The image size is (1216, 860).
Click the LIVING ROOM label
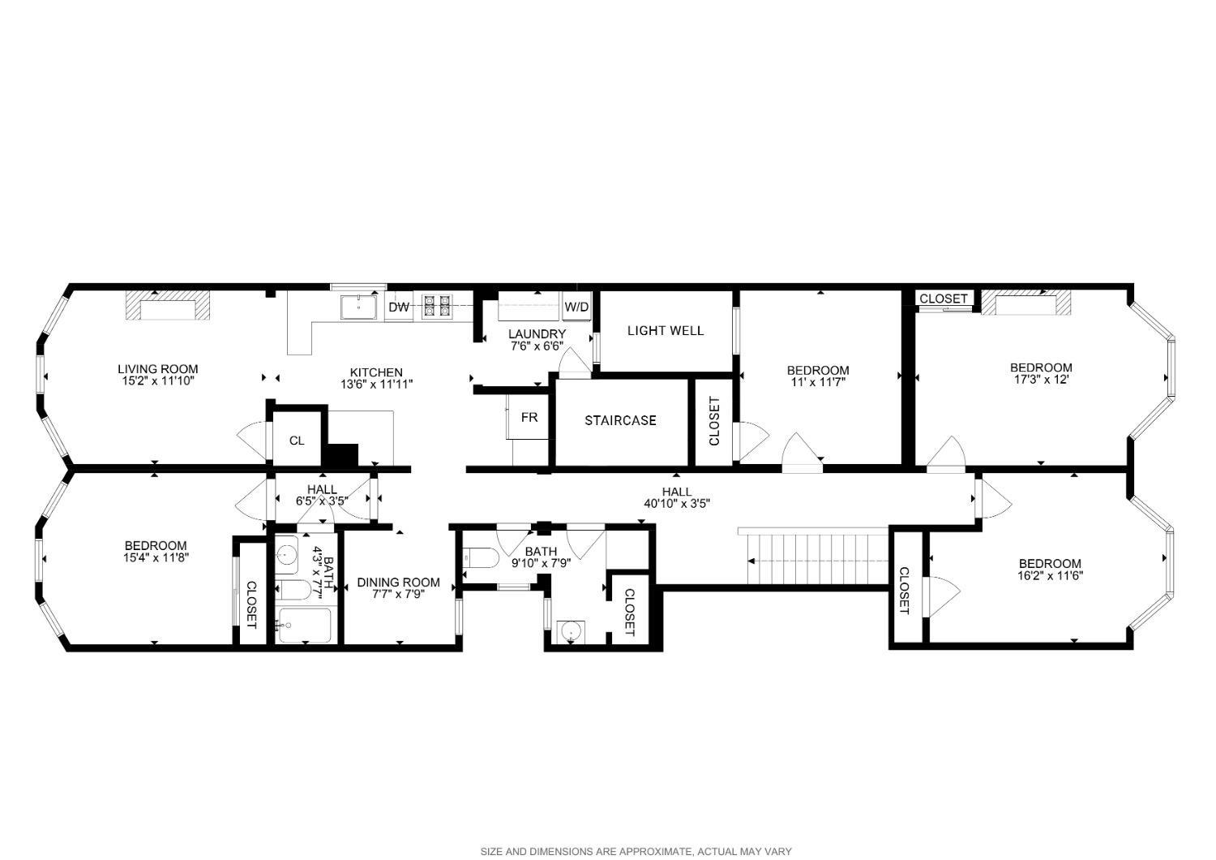(157, 369)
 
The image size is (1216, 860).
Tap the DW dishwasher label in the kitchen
(399, 307)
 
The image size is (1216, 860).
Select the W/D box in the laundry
(576, 307)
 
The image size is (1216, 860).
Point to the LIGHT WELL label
(666, 330)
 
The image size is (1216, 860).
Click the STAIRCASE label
(620, 420)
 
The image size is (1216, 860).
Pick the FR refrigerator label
(529, 418)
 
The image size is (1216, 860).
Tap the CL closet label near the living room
(297, 441)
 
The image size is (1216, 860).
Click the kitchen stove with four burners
(435, 306)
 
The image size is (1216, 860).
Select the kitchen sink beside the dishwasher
(357, 307)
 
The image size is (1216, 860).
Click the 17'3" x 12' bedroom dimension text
(1042, 379)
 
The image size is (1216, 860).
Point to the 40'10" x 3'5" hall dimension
(677, 503)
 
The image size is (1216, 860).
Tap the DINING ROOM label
(398, 583)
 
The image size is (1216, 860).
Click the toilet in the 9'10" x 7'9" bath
(477, 558)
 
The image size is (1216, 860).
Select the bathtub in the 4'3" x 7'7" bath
(304, 625)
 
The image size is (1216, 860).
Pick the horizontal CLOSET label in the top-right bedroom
(943, 299)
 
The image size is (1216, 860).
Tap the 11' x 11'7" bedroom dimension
(818, 382)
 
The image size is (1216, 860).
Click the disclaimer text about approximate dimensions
(636, 851)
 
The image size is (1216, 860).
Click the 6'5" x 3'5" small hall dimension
(322, 501)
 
